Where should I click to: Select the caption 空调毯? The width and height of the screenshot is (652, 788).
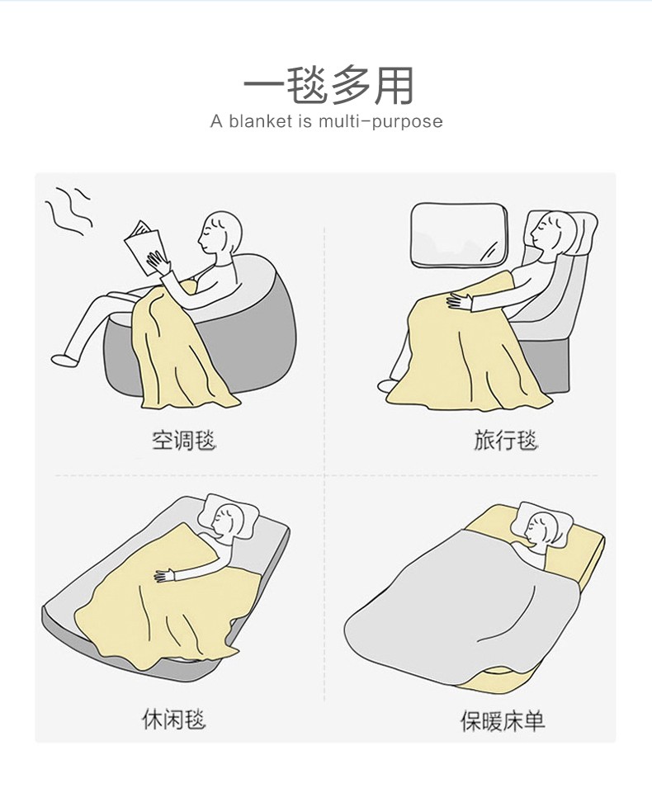[183, 441]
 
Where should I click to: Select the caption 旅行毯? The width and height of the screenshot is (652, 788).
[505, 441]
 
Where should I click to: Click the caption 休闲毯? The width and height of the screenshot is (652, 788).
[173, 720]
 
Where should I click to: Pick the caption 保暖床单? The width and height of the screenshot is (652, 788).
[503, 722]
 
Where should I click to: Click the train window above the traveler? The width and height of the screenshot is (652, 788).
[458, 236]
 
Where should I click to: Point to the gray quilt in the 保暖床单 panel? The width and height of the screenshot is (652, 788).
[458, 602]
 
